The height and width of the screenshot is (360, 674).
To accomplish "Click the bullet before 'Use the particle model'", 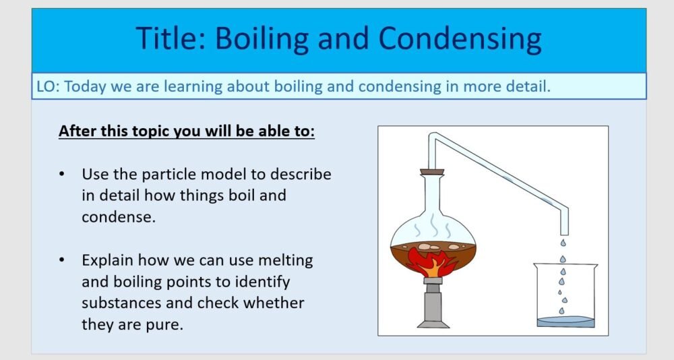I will (x=63, y=174).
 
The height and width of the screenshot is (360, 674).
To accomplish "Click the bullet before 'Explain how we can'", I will (x=63, y=260).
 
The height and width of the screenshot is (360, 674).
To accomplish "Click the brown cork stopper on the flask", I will (x=432, y=172).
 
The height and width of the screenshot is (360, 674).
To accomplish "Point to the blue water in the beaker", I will (x=565, y=322).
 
